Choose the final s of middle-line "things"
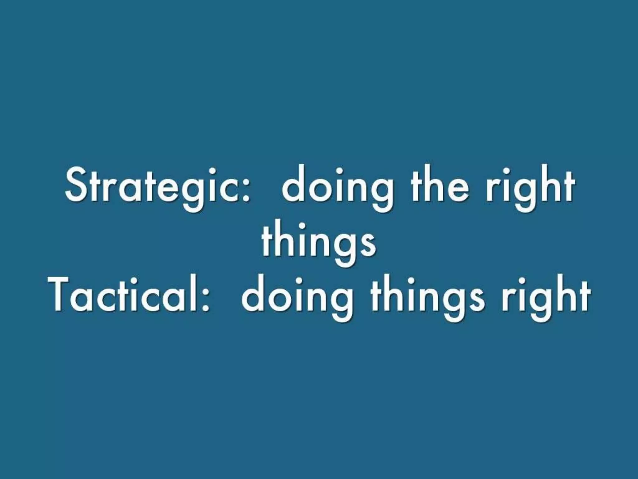[369, 246]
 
